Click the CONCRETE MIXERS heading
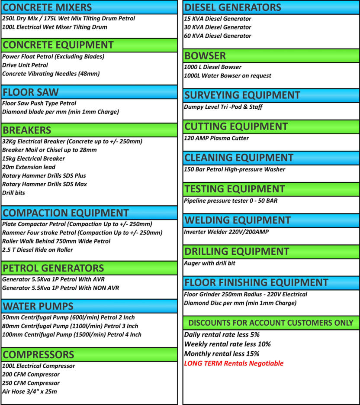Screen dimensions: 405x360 [47, 7]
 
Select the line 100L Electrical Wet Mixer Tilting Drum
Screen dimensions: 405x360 [55, 27]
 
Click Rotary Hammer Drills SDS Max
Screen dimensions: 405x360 [44, 184]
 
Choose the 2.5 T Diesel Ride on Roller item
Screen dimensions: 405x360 [38, 249]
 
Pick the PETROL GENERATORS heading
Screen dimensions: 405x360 [53, 268]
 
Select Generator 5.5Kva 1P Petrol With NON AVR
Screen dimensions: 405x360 [61, 288]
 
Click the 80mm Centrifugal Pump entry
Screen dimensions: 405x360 [70, 326]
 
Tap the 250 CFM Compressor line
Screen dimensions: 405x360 [31, 383]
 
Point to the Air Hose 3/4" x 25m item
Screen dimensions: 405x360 [29, 392]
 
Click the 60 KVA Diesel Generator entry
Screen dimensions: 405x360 [217, 36]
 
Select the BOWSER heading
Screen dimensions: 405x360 [205, 56]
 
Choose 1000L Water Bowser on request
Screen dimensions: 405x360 [228, 75]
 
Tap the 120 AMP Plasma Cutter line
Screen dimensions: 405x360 [216, 138]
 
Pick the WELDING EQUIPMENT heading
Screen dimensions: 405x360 [238, 220]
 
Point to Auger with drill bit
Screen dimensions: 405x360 [210, 263]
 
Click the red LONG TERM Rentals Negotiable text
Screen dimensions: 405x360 [234, 363]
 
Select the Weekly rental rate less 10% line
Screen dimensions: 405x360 [228, 344]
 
